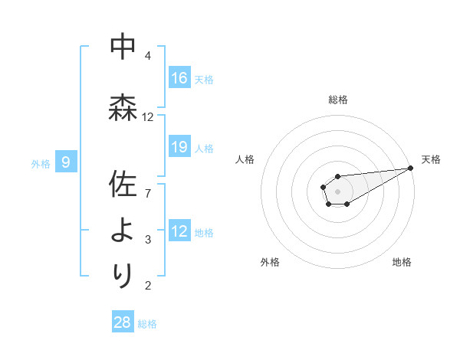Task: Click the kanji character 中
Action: (x=123, y=47)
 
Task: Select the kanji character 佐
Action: (x=123, y=185)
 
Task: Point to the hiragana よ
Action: (x=123, y=230)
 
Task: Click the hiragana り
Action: (x=123, y=274)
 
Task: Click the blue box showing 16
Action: (x=179, y=78)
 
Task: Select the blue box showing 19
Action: (x=179, y=147)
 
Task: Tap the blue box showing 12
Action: (x=179, y=231)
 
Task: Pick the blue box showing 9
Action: (x=66, y=162)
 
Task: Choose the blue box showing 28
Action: (x=123, y=322)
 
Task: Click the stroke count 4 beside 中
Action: (x=148, y=55)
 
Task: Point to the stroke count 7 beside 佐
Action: (x=148, y=192)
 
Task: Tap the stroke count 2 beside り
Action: (x=148, y=286)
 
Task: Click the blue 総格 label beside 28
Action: (x=147, y=324)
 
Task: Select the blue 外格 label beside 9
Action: (x=41, y=163)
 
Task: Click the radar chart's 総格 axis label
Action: (x=338, y=100)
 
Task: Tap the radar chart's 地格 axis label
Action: (x=402, y=263)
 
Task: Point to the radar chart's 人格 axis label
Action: (x=245, y=159)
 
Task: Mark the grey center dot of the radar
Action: (x=337, y=191)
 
